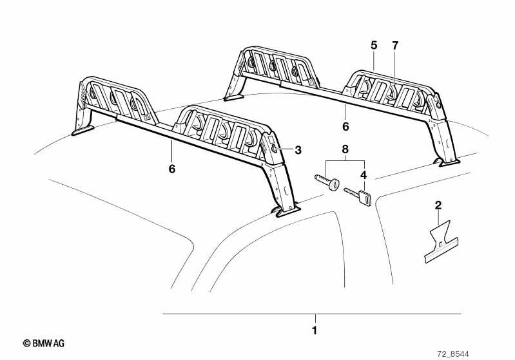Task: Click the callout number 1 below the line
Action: (x=315, y=330)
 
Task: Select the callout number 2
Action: (x=438, y=205)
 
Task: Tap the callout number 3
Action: (x=298, y=150)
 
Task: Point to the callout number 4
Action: (x=364, y=175)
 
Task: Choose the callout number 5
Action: (x=374, y=45)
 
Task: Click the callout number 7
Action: (x=394, y=45)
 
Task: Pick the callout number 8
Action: (x=345, y=149)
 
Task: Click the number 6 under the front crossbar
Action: (x=172, y=169)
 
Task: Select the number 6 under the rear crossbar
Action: (x=345, y=126)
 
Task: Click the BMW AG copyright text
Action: (x=44, y=343)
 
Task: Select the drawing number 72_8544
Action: (x=453, y=354)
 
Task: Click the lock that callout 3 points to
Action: (x=275, y=149)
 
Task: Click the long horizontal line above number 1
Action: (x=312, y=314)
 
